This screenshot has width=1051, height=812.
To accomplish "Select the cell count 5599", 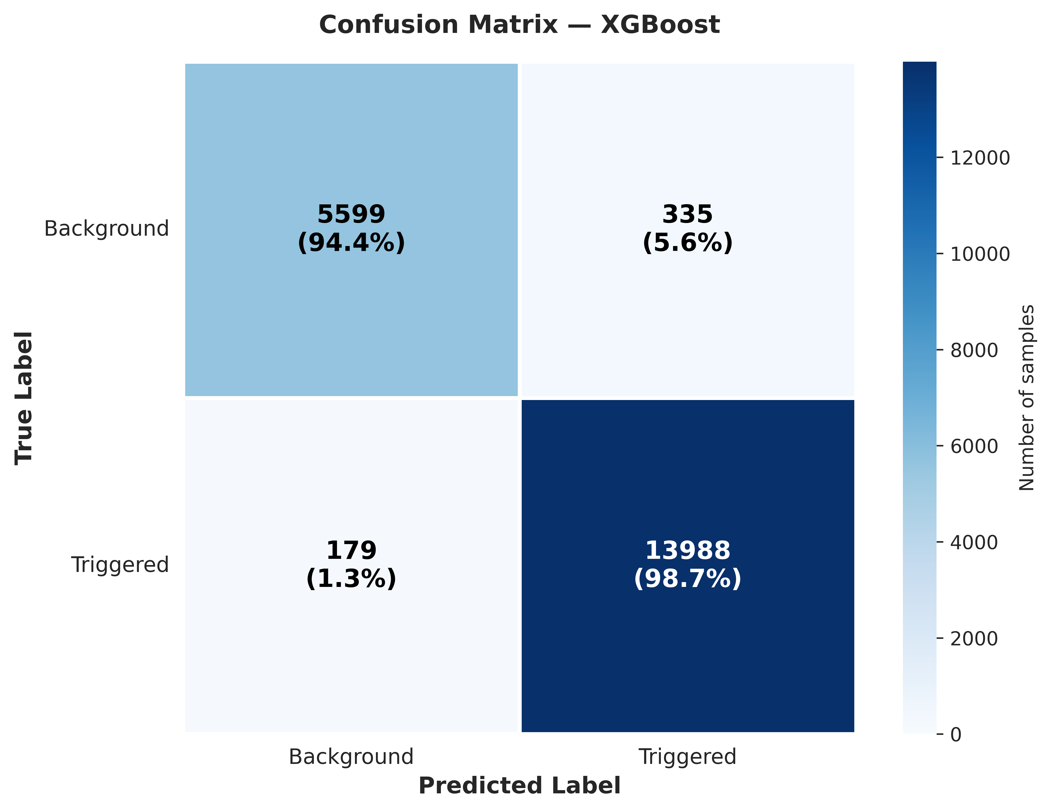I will coord(351,215).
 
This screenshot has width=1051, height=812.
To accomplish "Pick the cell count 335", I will coord(687,215).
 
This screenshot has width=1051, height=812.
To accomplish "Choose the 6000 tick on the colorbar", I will coord(974,446).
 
